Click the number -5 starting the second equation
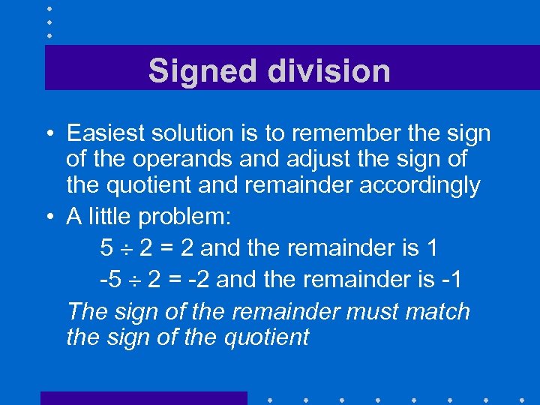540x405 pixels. coord(109,280)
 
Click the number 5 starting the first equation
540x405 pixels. coord(105,247)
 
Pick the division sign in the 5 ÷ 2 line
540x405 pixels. coord(127,247)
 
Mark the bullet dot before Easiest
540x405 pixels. coord(48,135)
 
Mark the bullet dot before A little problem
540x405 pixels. coord(48,218)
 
